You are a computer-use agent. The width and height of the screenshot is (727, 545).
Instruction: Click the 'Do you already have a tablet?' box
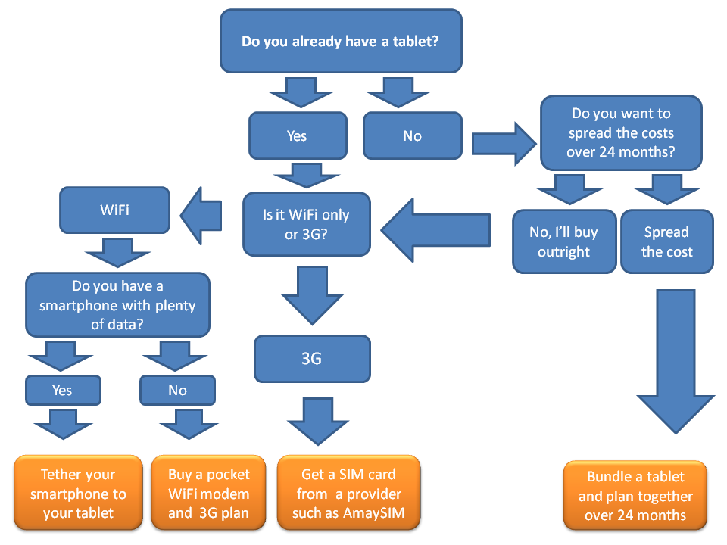pos(341,41)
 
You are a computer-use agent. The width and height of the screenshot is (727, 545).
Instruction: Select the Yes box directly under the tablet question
pos(298,135)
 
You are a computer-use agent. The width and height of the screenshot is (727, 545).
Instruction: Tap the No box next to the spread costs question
pos(413,135)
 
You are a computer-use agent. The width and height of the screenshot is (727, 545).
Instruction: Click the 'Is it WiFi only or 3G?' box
pos(307,224)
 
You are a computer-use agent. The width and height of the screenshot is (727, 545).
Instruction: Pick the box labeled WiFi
pos(114,210)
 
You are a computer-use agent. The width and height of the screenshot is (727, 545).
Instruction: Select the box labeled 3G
pos(312,359)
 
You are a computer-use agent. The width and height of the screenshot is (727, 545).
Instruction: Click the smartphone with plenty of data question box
pos(118,305)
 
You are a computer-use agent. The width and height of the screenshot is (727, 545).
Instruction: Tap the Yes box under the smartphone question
pos(63,391)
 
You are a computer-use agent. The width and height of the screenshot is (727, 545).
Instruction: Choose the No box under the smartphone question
pos(177,391)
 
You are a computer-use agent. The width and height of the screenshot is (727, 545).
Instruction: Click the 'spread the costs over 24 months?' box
pos(621,133)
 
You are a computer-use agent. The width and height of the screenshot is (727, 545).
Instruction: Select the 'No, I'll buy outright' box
pos(564,241)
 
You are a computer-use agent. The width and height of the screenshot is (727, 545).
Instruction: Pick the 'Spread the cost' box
pos(667,241)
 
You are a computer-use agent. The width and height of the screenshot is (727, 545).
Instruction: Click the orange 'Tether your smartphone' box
pos(78,493)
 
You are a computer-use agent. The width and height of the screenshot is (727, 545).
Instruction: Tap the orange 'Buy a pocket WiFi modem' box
pos(209,493)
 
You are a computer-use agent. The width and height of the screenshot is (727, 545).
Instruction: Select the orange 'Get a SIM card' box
pos(348,493)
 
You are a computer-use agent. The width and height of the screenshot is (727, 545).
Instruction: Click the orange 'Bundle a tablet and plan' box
pos(635,495)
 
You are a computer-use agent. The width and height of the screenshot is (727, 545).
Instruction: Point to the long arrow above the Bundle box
pos(676,362)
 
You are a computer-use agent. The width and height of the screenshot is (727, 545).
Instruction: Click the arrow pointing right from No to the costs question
pos(504,144)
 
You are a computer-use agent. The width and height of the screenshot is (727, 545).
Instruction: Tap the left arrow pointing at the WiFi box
pos(201,216)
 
